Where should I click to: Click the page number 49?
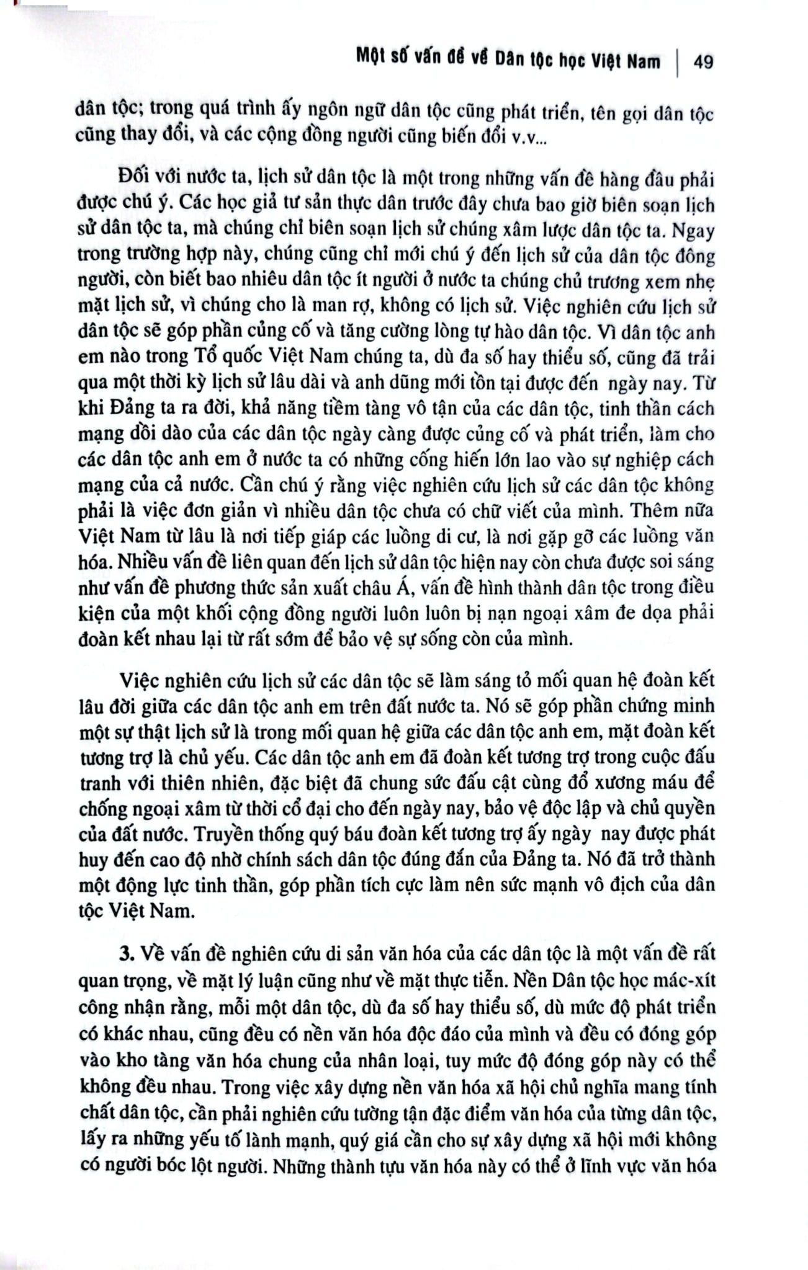click(x=701, y=62)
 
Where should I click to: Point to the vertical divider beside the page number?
click(x=676, y=62)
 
